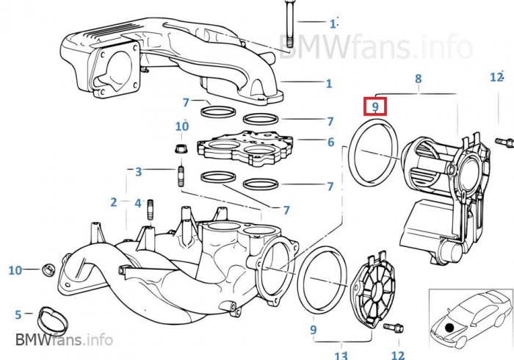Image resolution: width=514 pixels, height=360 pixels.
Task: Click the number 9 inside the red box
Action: pyautogui.click(x=375, y=107)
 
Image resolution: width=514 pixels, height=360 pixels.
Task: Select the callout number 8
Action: pyautogui.click(x=418, y=78)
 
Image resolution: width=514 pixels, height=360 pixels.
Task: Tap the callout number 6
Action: pyautogui.click(x=330, y=142)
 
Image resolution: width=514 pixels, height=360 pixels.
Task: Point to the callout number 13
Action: pyautogui.click(x=341, y=356)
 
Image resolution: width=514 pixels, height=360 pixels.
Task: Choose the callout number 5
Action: pyautogui.click(x=18, y=315)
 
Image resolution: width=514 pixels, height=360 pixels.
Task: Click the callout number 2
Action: pyautogui.click(x=114, y=201)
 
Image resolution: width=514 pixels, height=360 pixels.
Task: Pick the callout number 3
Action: pyautogui.click(x=138, y=172)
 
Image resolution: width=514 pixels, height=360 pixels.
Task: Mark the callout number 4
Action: pyautogui.click(x=138, y=201)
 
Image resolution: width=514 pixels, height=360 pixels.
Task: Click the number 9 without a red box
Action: pyautogui.click(x=313, y=330)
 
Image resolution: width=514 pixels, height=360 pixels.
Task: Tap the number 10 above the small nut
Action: pyautogui.click(x=181, y=126)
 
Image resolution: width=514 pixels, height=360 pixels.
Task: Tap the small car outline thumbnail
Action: pyautogui.click(x=469, y=317)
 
